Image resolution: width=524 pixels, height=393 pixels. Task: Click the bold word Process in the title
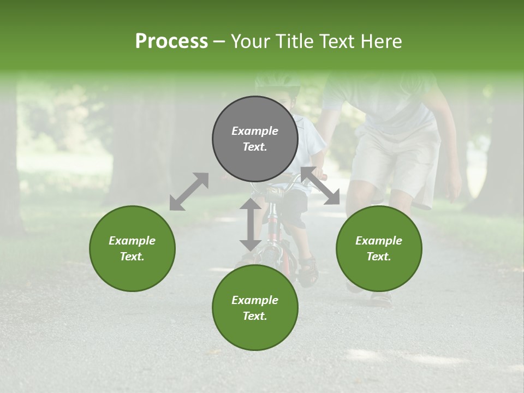point(171,41)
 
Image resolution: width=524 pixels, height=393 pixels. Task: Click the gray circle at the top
point(255,139)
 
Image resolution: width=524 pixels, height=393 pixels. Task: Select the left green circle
point(132,248)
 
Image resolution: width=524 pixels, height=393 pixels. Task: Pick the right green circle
point(379,248)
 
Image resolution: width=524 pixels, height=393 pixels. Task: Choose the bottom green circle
point(255,308)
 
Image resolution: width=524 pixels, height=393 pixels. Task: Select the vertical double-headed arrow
point(251,224)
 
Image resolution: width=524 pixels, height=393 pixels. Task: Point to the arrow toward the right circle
point(320,186)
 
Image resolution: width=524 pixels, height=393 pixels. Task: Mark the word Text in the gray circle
point(255,147)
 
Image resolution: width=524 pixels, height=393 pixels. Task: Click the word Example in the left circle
point(132,241)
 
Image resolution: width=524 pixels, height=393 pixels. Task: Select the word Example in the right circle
point(379,241)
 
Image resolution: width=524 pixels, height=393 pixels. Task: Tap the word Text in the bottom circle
point(255,316)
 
